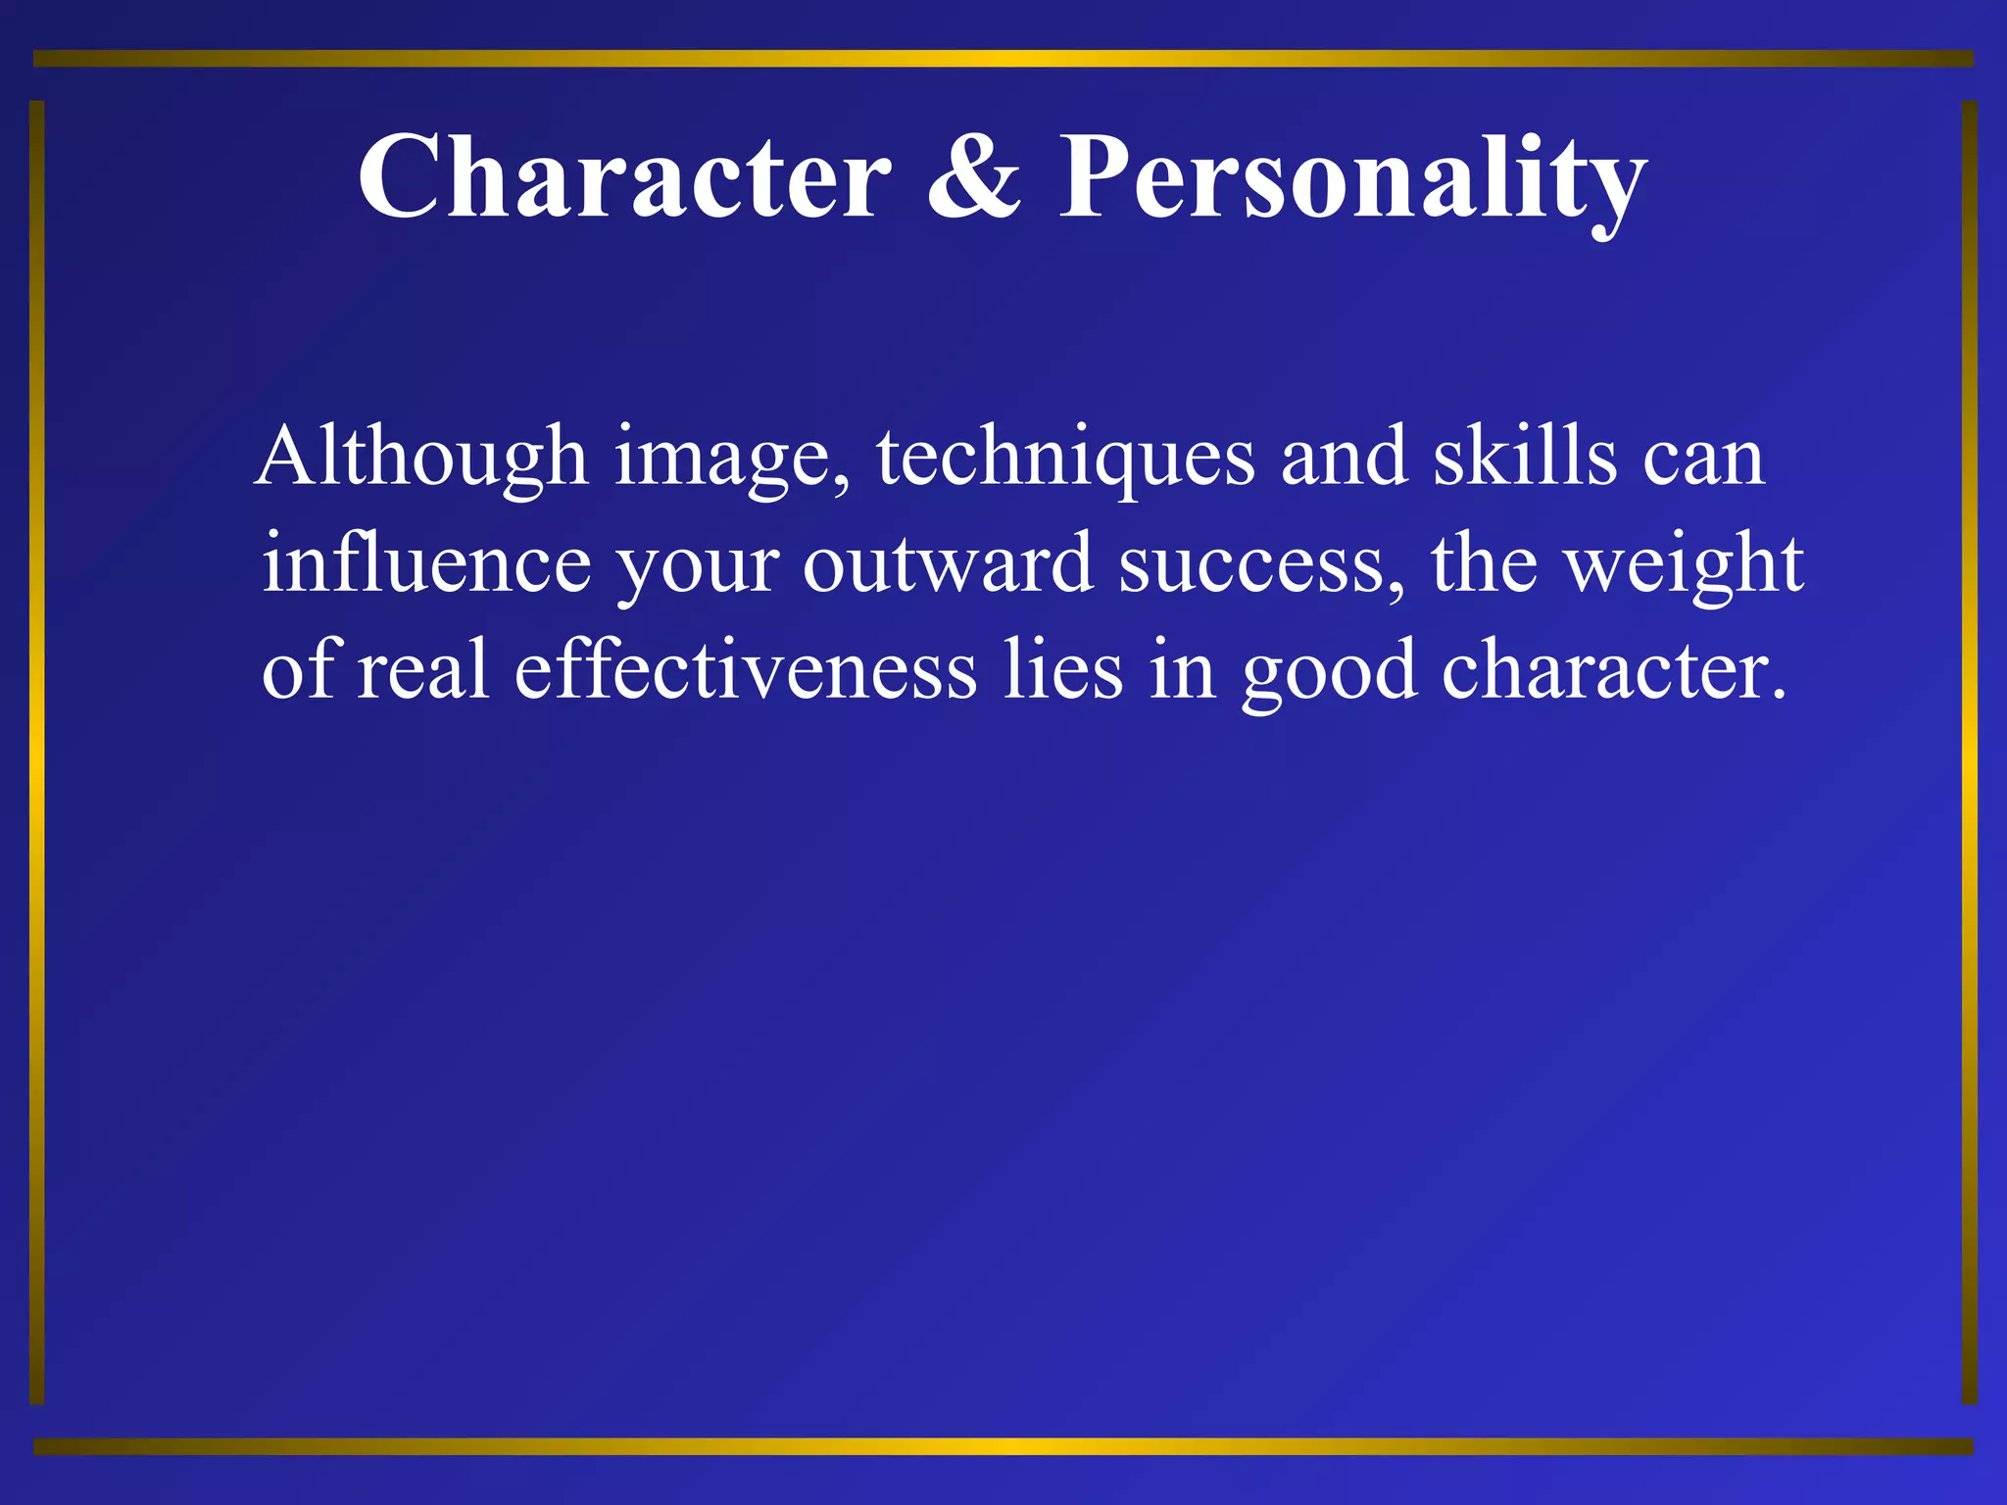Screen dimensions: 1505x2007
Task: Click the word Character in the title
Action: pos(624,177)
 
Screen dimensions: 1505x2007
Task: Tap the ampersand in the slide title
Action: pos(973,177)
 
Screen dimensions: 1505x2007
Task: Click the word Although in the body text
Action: pos(421,457)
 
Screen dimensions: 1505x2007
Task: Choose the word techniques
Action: pos(1064,459)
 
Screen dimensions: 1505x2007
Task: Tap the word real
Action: pos(422,670)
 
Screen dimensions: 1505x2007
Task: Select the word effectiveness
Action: pos(746,670)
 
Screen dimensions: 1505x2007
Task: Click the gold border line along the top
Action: pos(1003,59)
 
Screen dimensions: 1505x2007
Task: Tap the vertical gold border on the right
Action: pos(1969,752)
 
